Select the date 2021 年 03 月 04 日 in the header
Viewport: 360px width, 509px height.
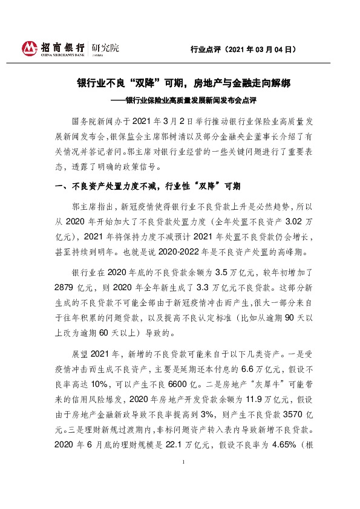tap(257, 50)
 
